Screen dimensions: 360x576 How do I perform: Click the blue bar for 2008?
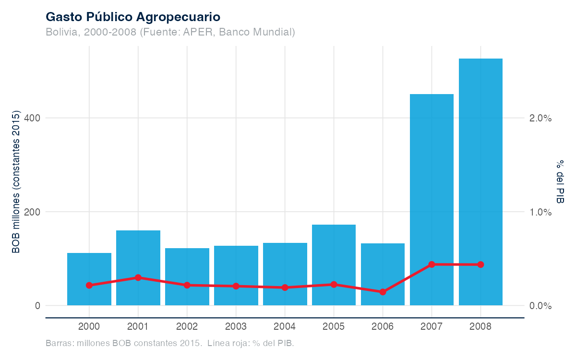pos(480,182)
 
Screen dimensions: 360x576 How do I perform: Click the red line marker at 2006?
pos(383,292)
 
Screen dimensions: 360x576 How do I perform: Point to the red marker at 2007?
pos(432,264)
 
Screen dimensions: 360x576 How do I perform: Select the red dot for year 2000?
pos(89,285)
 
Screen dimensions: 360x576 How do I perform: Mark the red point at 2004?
pos(285,288)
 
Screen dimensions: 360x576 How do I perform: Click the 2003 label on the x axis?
pos(236,327)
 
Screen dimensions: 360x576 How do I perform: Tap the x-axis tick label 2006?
pos(383,327)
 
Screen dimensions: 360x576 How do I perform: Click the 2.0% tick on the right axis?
pos(541,118)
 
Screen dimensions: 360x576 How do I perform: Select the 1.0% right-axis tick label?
pos(541,212)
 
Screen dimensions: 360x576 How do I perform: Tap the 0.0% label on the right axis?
pos(541,306)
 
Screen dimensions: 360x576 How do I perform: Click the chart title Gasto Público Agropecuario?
pos(133,17)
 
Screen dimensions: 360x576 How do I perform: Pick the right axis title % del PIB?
pos(560,182)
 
